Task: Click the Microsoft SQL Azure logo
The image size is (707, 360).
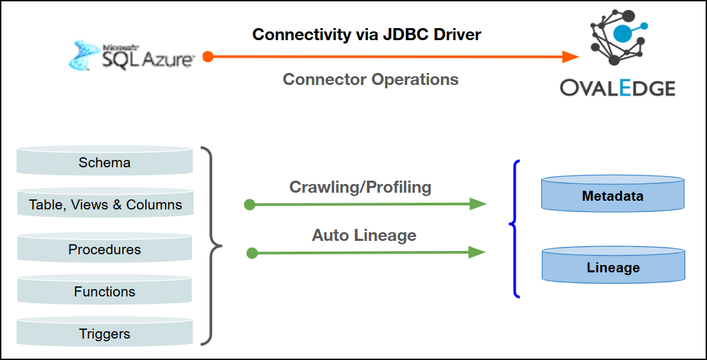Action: tap(132, 56)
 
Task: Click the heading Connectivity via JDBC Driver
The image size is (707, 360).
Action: tap(367, 34)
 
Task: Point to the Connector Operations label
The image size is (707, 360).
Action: tap(371, 79)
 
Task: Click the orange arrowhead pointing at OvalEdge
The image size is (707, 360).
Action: tap(571, 57)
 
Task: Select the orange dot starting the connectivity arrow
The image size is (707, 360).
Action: tap(208, 57)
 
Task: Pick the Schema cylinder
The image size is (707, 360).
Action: tap(104, 162)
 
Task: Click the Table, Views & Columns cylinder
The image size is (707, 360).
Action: tap(105, 204)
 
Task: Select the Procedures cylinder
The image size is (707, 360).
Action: tap(104, 249)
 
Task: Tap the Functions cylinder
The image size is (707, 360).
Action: tap(104, 291)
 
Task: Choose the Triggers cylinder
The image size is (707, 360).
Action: tap(104, 333)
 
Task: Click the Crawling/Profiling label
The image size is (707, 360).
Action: tap(360, 187)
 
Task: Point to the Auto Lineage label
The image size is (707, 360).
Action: tap(364, 235)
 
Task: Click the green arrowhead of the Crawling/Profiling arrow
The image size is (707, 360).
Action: tap(478, 204)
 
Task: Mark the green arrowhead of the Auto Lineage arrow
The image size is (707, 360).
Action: tap(477, 252)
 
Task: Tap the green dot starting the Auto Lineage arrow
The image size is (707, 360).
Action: tap(252, 253)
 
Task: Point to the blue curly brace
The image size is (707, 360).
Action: tap(515, 228)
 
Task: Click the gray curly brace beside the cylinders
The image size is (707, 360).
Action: tap(213, 246)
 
